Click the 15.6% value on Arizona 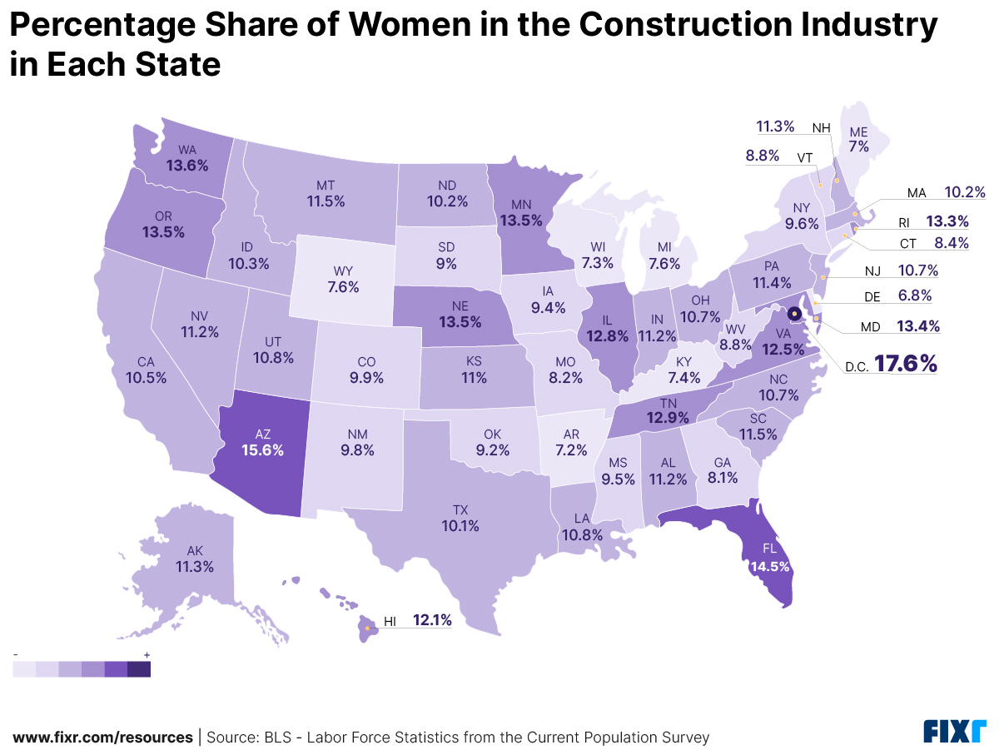click(x=263, y=450)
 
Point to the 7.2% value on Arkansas click(x=571, y=450)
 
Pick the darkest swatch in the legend click(x=139, y=669)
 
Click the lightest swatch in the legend click(x=24, y=669)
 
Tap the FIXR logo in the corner click(x=954, y=732)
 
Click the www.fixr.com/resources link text click(x=102, y=738)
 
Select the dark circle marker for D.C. click(x=794, y=314)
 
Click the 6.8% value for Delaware click(x=914, y=296)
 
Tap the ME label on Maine click(x=858, y=132)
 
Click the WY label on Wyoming click(x=343, y=272)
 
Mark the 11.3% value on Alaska click(x=195, y=567)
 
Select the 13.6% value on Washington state click(x=187, y=165)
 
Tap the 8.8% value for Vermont click(x=763, y=155)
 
